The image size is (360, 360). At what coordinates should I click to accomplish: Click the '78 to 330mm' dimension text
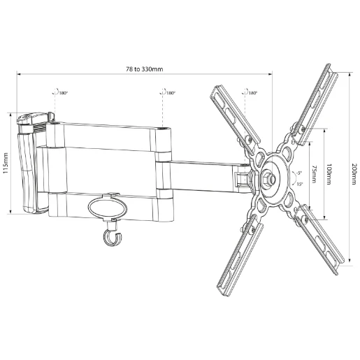[x=144, y=69]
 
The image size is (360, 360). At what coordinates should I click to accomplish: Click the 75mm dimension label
[x=314, y=171]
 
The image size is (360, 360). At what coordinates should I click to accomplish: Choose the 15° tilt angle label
[x=299, y=184]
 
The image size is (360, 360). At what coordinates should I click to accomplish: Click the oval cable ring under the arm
[x=108, y=208]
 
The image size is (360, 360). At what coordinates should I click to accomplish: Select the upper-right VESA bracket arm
[x=315, y=105]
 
